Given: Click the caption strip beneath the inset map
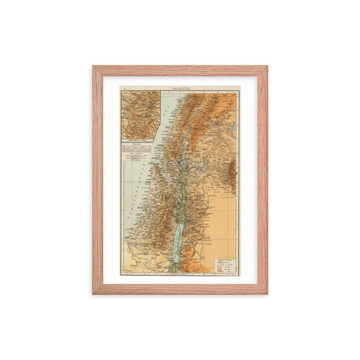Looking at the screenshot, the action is (140, 140).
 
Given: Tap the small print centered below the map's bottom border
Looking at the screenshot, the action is (179, 275).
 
